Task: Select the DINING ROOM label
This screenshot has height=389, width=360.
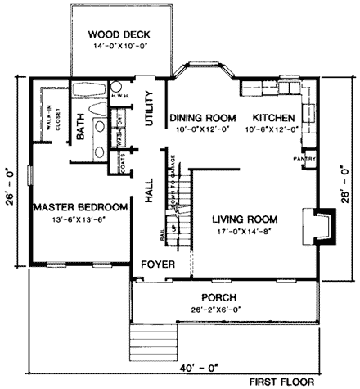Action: (x=200, y=118)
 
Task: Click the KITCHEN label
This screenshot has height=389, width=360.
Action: (x=272, y=118)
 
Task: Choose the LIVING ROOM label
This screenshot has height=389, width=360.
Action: (x=244, y=219)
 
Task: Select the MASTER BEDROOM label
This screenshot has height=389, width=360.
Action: (x=81, y=206)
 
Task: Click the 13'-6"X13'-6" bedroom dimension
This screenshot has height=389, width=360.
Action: (x=81, y=219)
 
